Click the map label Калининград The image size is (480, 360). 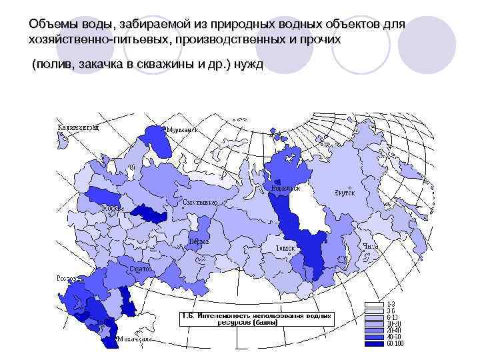click(x=78, y=126)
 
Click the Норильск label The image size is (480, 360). click(x=285, y=189)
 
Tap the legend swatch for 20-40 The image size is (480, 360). click(x=373, y=327)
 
